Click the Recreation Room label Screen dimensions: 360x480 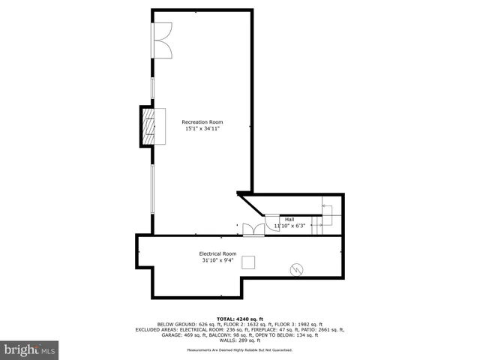pos(202,122)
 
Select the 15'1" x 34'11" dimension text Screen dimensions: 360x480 pos(202,129)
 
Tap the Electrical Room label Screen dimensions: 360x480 pos(217,253)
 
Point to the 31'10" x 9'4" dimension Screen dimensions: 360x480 pos(217,261)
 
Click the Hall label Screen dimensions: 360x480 pos(289,219)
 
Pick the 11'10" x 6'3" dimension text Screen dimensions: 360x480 pos(289,225)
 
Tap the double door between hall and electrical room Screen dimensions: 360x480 pos(253,229)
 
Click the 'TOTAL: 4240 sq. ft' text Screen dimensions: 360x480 pos(240,318)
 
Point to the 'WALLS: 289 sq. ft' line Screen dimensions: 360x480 pos(240,340)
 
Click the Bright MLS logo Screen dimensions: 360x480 pos(30,349)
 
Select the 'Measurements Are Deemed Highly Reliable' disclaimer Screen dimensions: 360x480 pos(240,350)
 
